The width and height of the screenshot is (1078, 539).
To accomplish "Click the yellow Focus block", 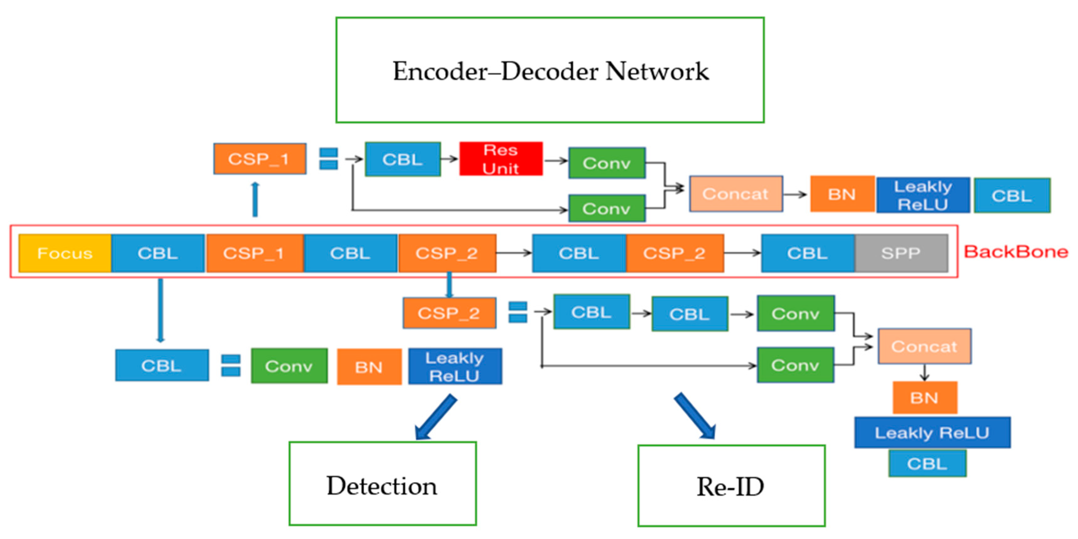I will point(65,253).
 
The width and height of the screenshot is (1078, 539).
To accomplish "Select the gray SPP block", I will point(901,253).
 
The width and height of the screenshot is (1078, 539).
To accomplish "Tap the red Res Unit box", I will point(501,159).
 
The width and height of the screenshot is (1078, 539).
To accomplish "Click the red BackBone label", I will point(1016,252).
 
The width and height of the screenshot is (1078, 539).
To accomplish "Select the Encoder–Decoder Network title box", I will point(550,70).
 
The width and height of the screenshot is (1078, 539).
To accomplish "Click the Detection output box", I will point(382,484).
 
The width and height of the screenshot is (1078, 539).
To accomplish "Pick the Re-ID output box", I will point(731,486).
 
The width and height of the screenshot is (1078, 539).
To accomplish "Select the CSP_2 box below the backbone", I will point(449,313).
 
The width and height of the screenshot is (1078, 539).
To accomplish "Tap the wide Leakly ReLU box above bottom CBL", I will point(932,433).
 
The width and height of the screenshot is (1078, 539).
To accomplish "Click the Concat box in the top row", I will point(736,194).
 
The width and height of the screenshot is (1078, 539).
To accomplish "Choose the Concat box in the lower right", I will point(924,346).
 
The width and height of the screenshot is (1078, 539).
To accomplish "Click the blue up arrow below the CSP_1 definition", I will point(255,200).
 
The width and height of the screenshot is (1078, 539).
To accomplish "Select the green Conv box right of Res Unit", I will point(606,163).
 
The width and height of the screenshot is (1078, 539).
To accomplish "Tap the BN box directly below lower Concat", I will point(924,398).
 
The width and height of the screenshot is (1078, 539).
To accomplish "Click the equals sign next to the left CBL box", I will point(231,366).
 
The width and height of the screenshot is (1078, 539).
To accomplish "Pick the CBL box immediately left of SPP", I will point(807,253).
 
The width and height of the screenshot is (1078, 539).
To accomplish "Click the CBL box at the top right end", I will point(1012,195).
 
